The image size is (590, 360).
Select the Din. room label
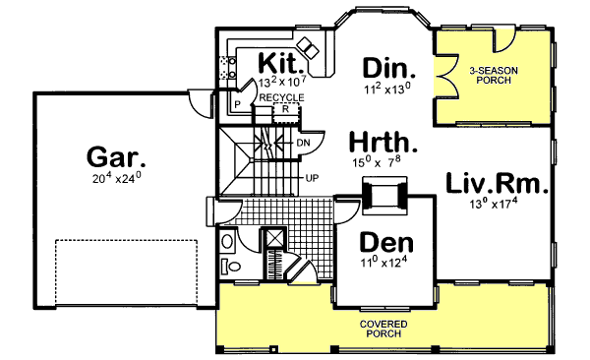click(x=390, y=68)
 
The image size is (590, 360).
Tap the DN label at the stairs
click(x=305, y=143)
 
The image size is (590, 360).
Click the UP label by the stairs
click(x=312, y=178)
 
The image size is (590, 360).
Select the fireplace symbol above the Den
click(x=382, y=194)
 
